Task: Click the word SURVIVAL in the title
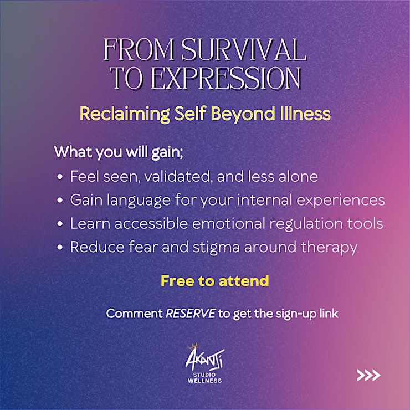244,49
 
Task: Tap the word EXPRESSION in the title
226,78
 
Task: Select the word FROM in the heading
139,49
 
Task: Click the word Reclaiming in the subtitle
125,114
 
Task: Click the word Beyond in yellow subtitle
243,114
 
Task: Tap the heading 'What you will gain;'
119,152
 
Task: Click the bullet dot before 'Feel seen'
60,177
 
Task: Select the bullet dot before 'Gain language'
60,200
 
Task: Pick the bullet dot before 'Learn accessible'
60,224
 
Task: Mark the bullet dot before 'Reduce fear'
60,247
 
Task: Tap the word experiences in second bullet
340,201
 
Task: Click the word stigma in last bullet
216,248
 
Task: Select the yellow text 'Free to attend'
215,281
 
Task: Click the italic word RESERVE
191,314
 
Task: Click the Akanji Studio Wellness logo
205,363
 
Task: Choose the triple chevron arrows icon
368,375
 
